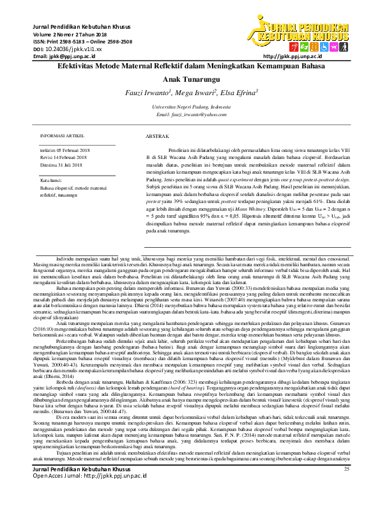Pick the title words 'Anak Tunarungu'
pyautogui.click(x=190, y=79)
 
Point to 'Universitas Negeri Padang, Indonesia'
pyautogui.click(x=189, y=107)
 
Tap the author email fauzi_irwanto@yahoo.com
pyautogui.click(x=189, y=114)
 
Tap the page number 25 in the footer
pyautogui.click(x=347, y=487)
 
